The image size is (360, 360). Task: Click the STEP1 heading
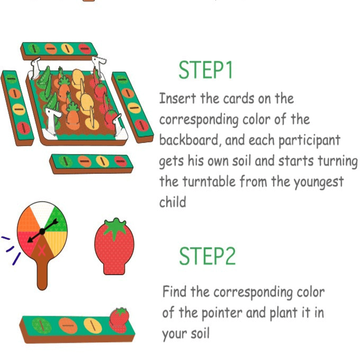[x=206, y=70]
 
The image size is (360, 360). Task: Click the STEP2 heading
[x=207, y=256]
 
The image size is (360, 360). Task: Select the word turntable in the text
[x=209, y=181]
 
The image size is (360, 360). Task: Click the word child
[x=172, y=202]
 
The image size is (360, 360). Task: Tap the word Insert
[x=177, y=98]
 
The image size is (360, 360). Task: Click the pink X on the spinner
[x=41, y=250]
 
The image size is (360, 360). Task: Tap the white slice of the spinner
[x=42, y=212]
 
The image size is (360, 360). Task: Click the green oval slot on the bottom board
[x=41, y=325]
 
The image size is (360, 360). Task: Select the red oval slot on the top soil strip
[x=85, y=49]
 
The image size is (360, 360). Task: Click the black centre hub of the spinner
[x=42, y=232]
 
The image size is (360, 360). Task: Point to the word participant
[x=309, y=140]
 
